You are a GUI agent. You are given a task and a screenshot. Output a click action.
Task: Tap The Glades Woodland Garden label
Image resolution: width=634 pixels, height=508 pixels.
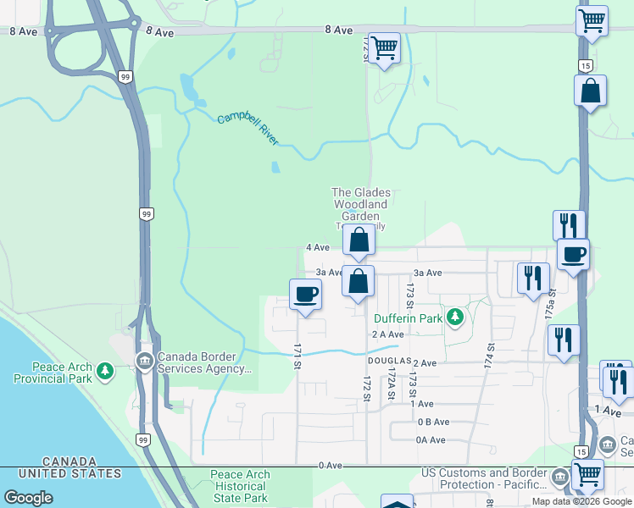360,204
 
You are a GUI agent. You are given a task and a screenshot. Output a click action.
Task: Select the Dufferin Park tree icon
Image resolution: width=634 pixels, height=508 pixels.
456,317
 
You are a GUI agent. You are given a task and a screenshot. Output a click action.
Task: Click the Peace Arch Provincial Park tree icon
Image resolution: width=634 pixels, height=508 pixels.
105,370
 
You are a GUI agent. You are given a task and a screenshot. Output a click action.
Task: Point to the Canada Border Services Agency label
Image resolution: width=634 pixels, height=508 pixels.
204,362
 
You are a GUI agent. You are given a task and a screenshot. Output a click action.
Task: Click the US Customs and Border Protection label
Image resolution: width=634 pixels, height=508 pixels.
487,478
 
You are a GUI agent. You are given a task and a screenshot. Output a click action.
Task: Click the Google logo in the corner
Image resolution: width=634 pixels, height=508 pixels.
28,498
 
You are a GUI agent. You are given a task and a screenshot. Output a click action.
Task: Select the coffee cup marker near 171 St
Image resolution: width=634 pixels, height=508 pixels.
305,295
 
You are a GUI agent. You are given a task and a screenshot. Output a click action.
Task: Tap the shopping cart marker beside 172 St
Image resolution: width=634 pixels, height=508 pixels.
384,47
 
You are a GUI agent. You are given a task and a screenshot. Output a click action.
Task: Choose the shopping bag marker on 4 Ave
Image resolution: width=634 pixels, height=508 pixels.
359,240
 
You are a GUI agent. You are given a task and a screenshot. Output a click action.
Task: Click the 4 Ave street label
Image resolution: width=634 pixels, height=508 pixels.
317,247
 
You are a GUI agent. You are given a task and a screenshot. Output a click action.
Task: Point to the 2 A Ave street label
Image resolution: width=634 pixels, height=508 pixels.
387,334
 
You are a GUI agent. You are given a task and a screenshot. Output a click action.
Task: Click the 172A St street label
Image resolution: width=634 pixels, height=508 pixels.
391,383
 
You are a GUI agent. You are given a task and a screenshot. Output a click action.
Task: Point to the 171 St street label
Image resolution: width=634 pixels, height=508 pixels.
298,356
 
